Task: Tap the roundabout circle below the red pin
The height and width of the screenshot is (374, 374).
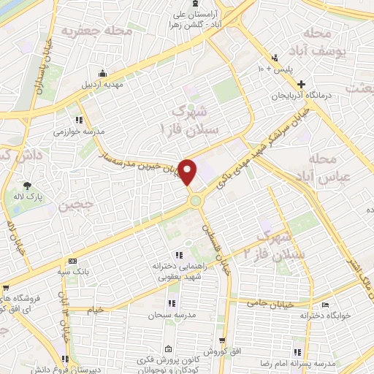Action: [x=196, y=199]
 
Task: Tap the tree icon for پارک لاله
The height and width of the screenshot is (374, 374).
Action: [x=28, y=186]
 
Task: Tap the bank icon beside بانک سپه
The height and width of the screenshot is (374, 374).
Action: [x=72, y=261]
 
